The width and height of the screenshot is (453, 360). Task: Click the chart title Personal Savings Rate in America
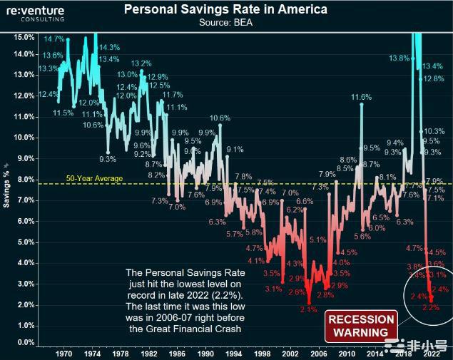pyautogui.click(x=225, y=10)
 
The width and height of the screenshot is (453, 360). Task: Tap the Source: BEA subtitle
pyautogui.click(x=225, y=23)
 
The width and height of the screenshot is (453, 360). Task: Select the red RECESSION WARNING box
pyautogui.click(x=361, y=326)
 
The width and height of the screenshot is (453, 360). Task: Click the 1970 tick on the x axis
pyautogui.click(x=63, y=353)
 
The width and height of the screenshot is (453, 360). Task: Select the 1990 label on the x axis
pyautogui.click(x=204, y=353)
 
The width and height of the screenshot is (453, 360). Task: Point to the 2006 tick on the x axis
pyautogui.click(x=317, y=353)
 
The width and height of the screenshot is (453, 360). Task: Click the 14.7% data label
pyautogui.click(x=54, y=38)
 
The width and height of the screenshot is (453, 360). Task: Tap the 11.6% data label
pyautogui.click(x=361, y=97)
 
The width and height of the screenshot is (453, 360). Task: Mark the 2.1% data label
pyautogui.click(x=308, y=309)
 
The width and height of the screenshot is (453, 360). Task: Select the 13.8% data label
pyautogui.click(x=399, y=58)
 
